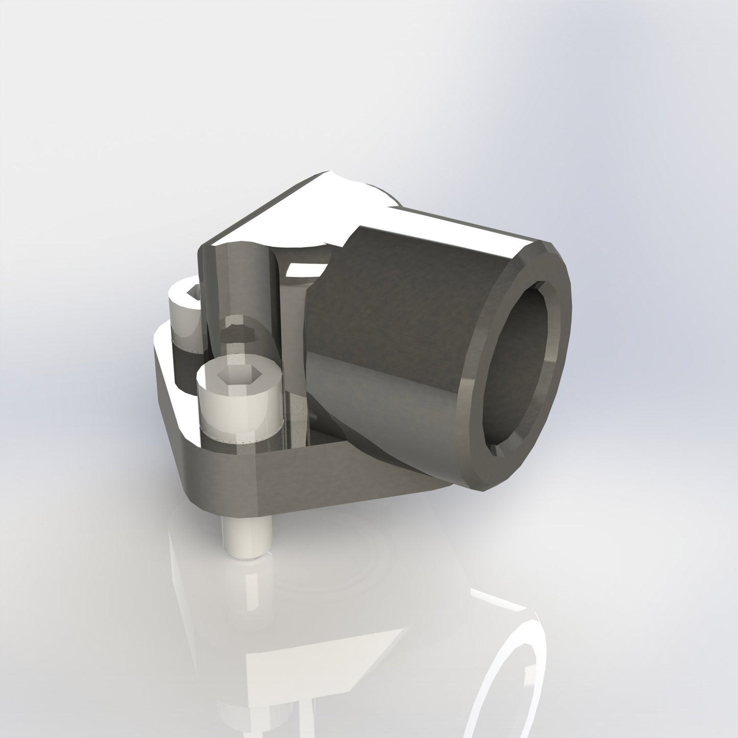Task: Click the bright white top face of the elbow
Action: coord(286,209)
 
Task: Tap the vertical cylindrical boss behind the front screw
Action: coord(235,286)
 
